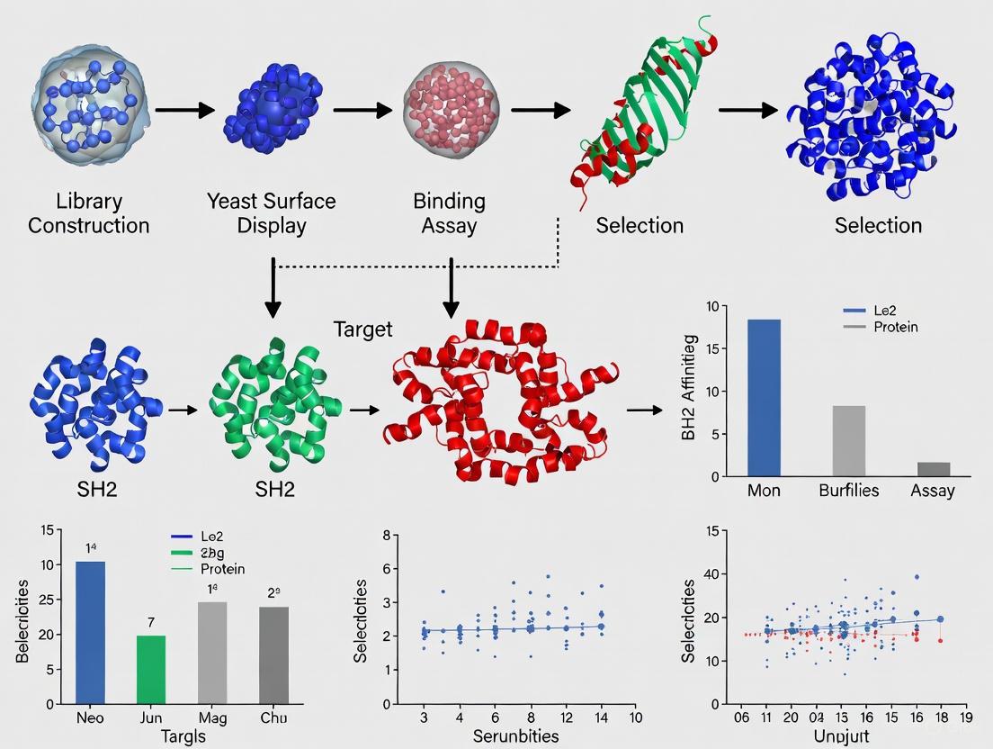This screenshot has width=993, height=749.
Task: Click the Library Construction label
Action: [88, 212]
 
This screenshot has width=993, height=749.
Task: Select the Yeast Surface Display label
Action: [271, 212]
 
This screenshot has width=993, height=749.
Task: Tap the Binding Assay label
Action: [449, 212]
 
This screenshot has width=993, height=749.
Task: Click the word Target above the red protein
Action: [362, 329]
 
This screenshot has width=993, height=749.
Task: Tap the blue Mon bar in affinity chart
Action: [765, 397]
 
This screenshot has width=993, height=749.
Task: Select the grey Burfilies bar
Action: [848, 440]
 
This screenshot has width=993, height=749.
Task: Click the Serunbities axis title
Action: [515, 736]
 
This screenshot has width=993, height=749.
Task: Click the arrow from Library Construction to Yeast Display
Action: [184, 110]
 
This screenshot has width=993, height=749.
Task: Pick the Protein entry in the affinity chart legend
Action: [895, 327]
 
